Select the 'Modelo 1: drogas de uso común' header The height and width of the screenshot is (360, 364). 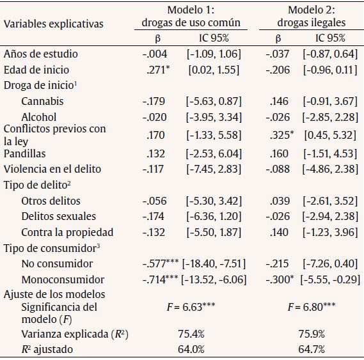(191, 17)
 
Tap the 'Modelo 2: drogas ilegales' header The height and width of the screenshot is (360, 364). (311, 17)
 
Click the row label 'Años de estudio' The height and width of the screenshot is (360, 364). (36, 54)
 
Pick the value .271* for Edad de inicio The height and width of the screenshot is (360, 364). (157, 70)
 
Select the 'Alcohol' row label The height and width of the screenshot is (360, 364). (38, 117)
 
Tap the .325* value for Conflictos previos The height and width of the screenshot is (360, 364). (280, 136)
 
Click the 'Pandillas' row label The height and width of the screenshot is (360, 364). (25, 153)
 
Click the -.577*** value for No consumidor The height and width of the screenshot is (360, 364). (160, 263)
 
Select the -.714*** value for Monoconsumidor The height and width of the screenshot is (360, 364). (160, 279)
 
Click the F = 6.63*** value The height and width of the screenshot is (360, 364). (191, 306)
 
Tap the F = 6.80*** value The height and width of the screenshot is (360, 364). (312, 306)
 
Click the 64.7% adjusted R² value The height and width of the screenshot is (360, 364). (312, 348)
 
